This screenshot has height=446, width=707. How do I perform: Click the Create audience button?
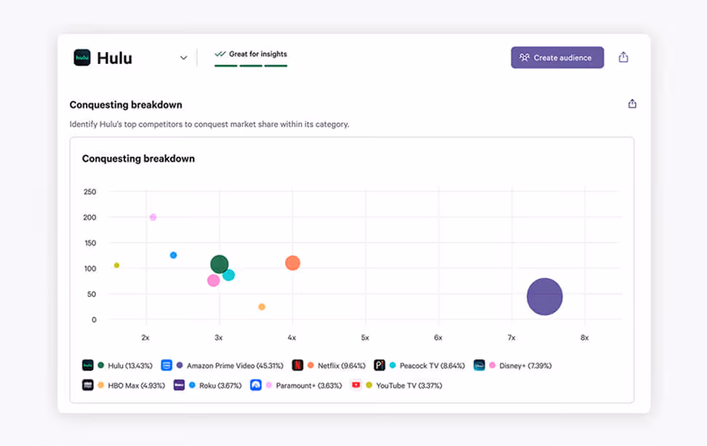pyautogui.click(x=557, y=57)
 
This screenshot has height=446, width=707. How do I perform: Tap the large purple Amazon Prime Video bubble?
pyautogui.click(x=545, y=296)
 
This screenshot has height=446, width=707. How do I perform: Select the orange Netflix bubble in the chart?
pyautogui.click(x=292, y=263)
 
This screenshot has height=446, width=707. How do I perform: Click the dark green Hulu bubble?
pyautogui.click(x=219, y=264)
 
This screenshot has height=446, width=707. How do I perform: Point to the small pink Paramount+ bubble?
pyautogui.click(x=153, y=217)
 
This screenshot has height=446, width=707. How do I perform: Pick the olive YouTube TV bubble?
pyautogui.click(x=116, y=265)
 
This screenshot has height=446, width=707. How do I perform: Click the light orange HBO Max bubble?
pyautogui.click(x=262, y=307)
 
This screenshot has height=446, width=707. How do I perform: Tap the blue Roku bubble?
pyautogui.click(x=173, y=255)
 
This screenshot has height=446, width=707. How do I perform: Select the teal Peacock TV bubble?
pyautogui.click(x=228, y=275)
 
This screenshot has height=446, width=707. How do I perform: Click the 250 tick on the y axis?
pyautogui.click(x=89, y=192)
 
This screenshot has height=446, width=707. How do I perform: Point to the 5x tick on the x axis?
pyautogui.click(x=365, y=338)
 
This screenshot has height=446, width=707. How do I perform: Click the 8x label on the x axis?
pyautogui.click(x=584, y=338)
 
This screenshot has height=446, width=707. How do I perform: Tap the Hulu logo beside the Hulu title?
pyautogui.click(x=82, y=57)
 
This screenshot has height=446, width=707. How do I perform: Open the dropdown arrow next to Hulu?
pyautogui.click(x=183, y=58)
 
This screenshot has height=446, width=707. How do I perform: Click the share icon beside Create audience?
pyautogui.click(x=623, y=57)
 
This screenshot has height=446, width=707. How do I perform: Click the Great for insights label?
pyautogui.click(x=257, y=54)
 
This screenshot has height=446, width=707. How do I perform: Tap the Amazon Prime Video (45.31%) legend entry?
pyautogui.click(x=234, y=365)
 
